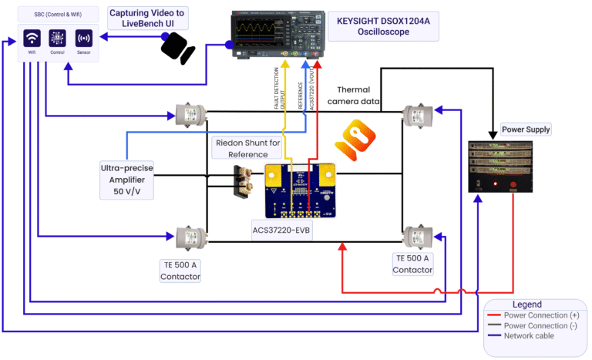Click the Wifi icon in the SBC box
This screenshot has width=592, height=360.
[x=32, y=38]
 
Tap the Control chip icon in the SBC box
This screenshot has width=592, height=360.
[x=58, y=38]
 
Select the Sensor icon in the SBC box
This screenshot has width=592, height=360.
[x=83, y=38]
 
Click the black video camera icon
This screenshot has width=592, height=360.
[x=177, y=48]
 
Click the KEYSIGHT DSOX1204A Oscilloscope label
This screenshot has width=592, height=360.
[x=383, y=29]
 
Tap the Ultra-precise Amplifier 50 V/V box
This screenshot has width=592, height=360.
[x=125, y=179]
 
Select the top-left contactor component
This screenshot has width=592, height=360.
[x=188, y=116]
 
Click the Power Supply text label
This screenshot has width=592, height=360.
[x=526, y=129]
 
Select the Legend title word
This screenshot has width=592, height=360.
[x=526, y=304]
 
